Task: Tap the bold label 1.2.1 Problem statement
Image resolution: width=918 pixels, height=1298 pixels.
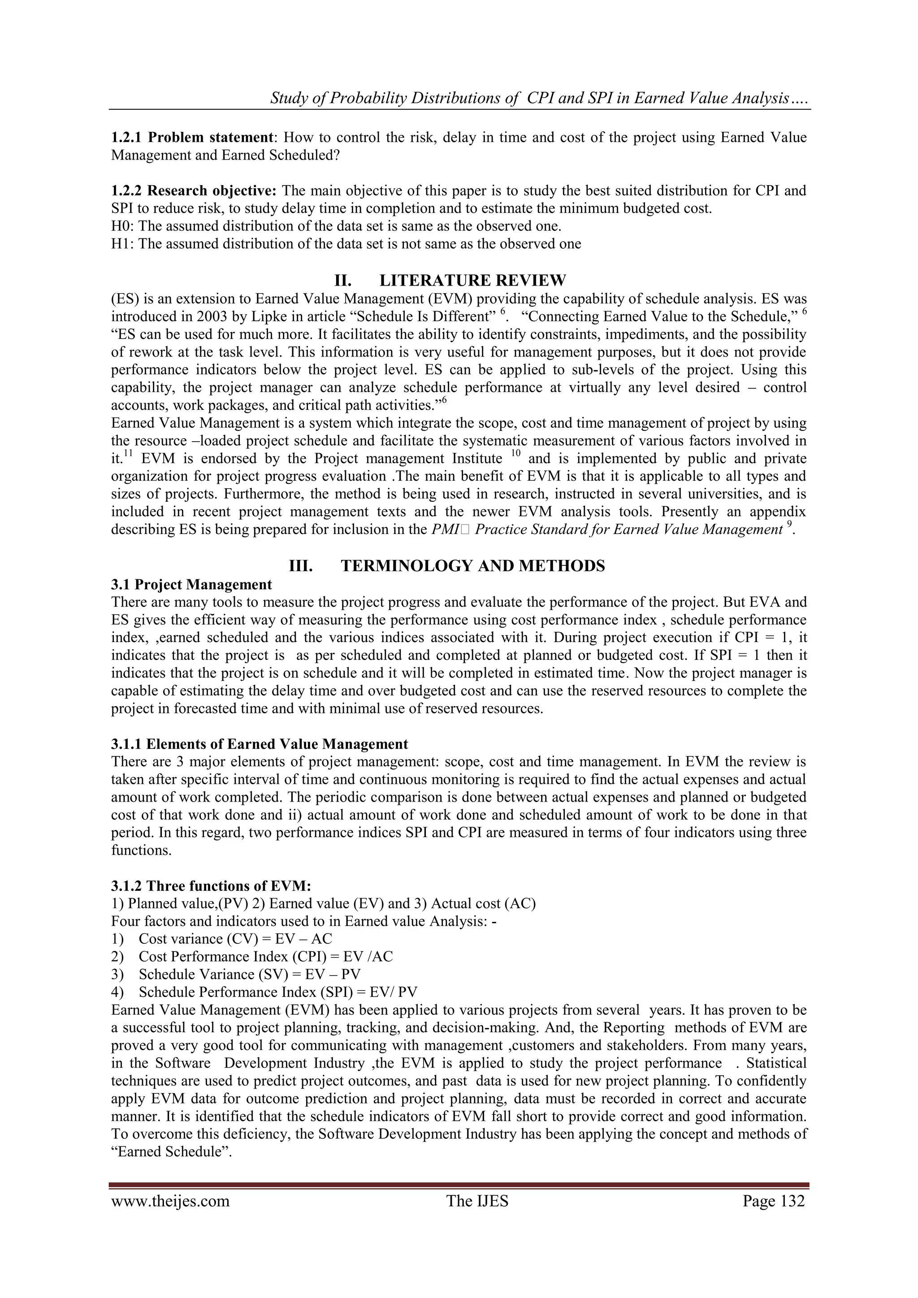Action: coord(192,137)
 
